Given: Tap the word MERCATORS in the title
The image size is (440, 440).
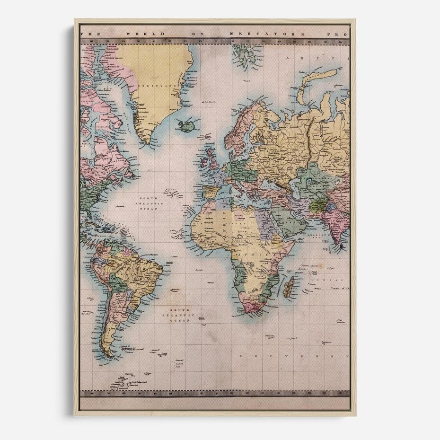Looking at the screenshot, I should (x=259, y=34).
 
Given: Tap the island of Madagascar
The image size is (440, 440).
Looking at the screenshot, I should (x=289, y=287).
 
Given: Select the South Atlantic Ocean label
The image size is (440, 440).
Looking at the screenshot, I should (x=175, y=315).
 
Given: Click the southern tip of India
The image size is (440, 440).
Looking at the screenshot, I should (x=340, y=244).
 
